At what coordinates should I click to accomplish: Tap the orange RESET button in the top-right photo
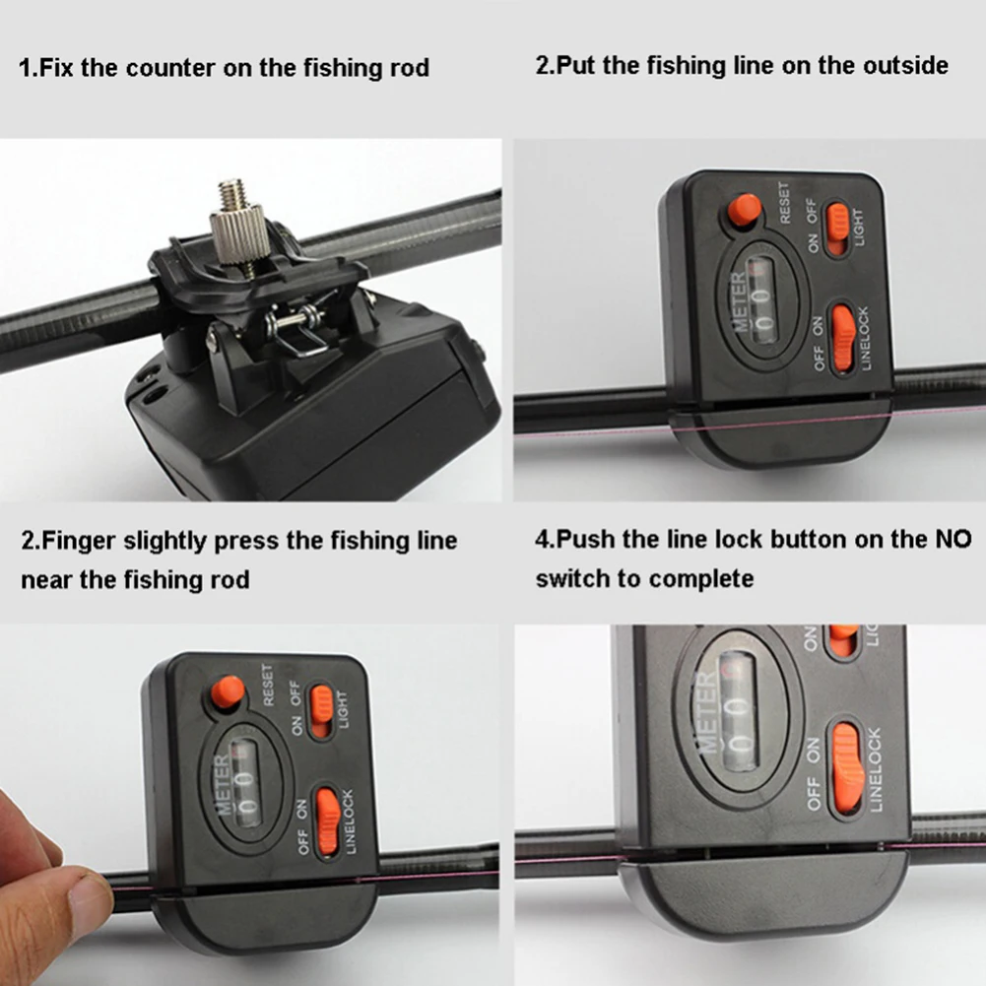click(744, 210)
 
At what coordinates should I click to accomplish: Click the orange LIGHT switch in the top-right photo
click(837, 230)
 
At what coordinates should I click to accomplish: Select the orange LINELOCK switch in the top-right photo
click(842, 338)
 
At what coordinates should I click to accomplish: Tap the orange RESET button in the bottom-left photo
click(228, 691)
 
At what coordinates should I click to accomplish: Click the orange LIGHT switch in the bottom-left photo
click(321, 711)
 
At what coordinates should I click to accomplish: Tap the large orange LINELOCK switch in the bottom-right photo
click(847, 768)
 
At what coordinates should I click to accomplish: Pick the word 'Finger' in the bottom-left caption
click(78, 541)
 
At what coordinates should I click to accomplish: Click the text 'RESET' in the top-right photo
click(784, 203)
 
